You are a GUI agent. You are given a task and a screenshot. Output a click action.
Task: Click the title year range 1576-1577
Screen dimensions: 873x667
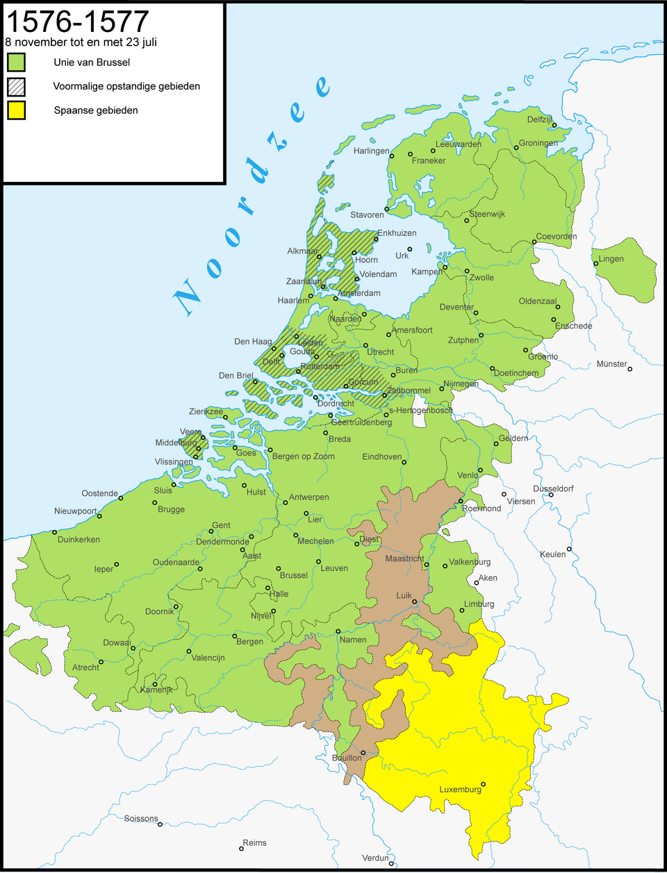pyautogui.click(x=77, y=22)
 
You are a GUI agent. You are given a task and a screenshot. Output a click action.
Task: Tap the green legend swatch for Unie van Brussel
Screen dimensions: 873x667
pyautogui.click(x=17, y=63)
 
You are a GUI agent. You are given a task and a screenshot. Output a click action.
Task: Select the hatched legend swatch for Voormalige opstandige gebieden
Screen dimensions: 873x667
pyautogui.click(x=17, y=87)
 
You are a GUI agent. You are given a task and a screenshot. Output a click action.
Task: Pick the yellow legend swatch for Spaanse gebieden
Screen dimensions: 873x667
pyautogui.click(x=17, y=110)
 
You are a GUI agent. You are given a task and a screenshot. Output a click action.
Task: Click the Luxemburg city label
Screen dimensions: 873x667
pyautogui.click(x=460, y=790)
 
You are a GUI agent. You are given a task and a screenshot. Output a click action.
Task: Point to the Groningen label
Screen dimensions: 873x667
pyautogui.click(x=538, y=144)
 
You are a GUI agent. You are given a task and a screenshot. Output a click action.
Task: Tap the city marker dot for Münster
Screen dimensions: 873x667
pyautogui.click(x=630, y=369)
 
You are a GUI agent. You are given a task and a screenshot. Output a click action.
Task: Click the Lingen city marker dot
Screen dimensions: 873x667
pyautogui.click(x=595, y=263)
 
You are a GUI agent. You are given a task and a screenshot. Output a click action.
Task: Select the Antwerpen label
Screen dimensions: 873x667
pyautogui.click(x=309, y=497)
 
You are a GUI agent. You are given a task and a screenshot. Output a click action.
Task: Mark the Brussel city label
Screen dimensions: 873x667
pyautogui.click(x=294, y=576)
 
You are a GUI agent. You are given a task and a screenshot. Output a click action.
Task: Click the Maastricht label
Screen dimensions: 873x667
pyautogui.click(x=404, y=559)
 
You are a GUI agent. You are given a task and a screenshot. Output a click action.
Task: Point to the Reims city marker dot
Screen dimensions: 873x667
pyautogui.click(x=241, y=849)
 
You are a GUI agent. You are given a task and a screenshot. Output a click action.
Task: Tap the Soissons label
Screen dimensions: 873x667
pyautogui.click(x=141, y=819)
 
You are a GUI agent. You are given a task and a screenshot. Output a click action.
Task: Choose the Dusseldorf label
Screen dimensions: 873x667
pyautogui.click(x=553, y=489)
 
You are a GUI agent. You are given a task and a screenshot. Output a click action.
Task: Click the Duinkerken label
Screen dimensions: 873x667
pyautogui.click(x=79, y=540)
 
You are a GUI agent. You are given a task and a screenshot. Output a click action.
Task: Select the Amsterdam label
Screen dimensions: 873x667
pyautogui.click(x=359, y=293)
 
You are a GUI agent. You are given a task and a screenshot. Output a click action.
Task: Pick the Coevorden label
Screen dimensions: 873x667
pyautogui.click(x=557, y=237)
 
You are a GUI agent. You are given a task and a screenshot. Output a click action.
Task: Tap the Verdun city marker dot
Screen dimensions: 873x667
pyautogui.click(x=392, y=864)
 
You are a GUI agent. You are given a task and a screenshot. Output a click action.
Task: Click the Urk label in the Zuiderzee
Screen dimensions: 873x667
pyautogui.click(x=402, y=256)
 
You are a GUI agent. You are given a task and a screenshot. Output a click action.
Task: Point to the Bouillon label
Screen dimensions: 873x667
pyautogui.click(x=347, y=758)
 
